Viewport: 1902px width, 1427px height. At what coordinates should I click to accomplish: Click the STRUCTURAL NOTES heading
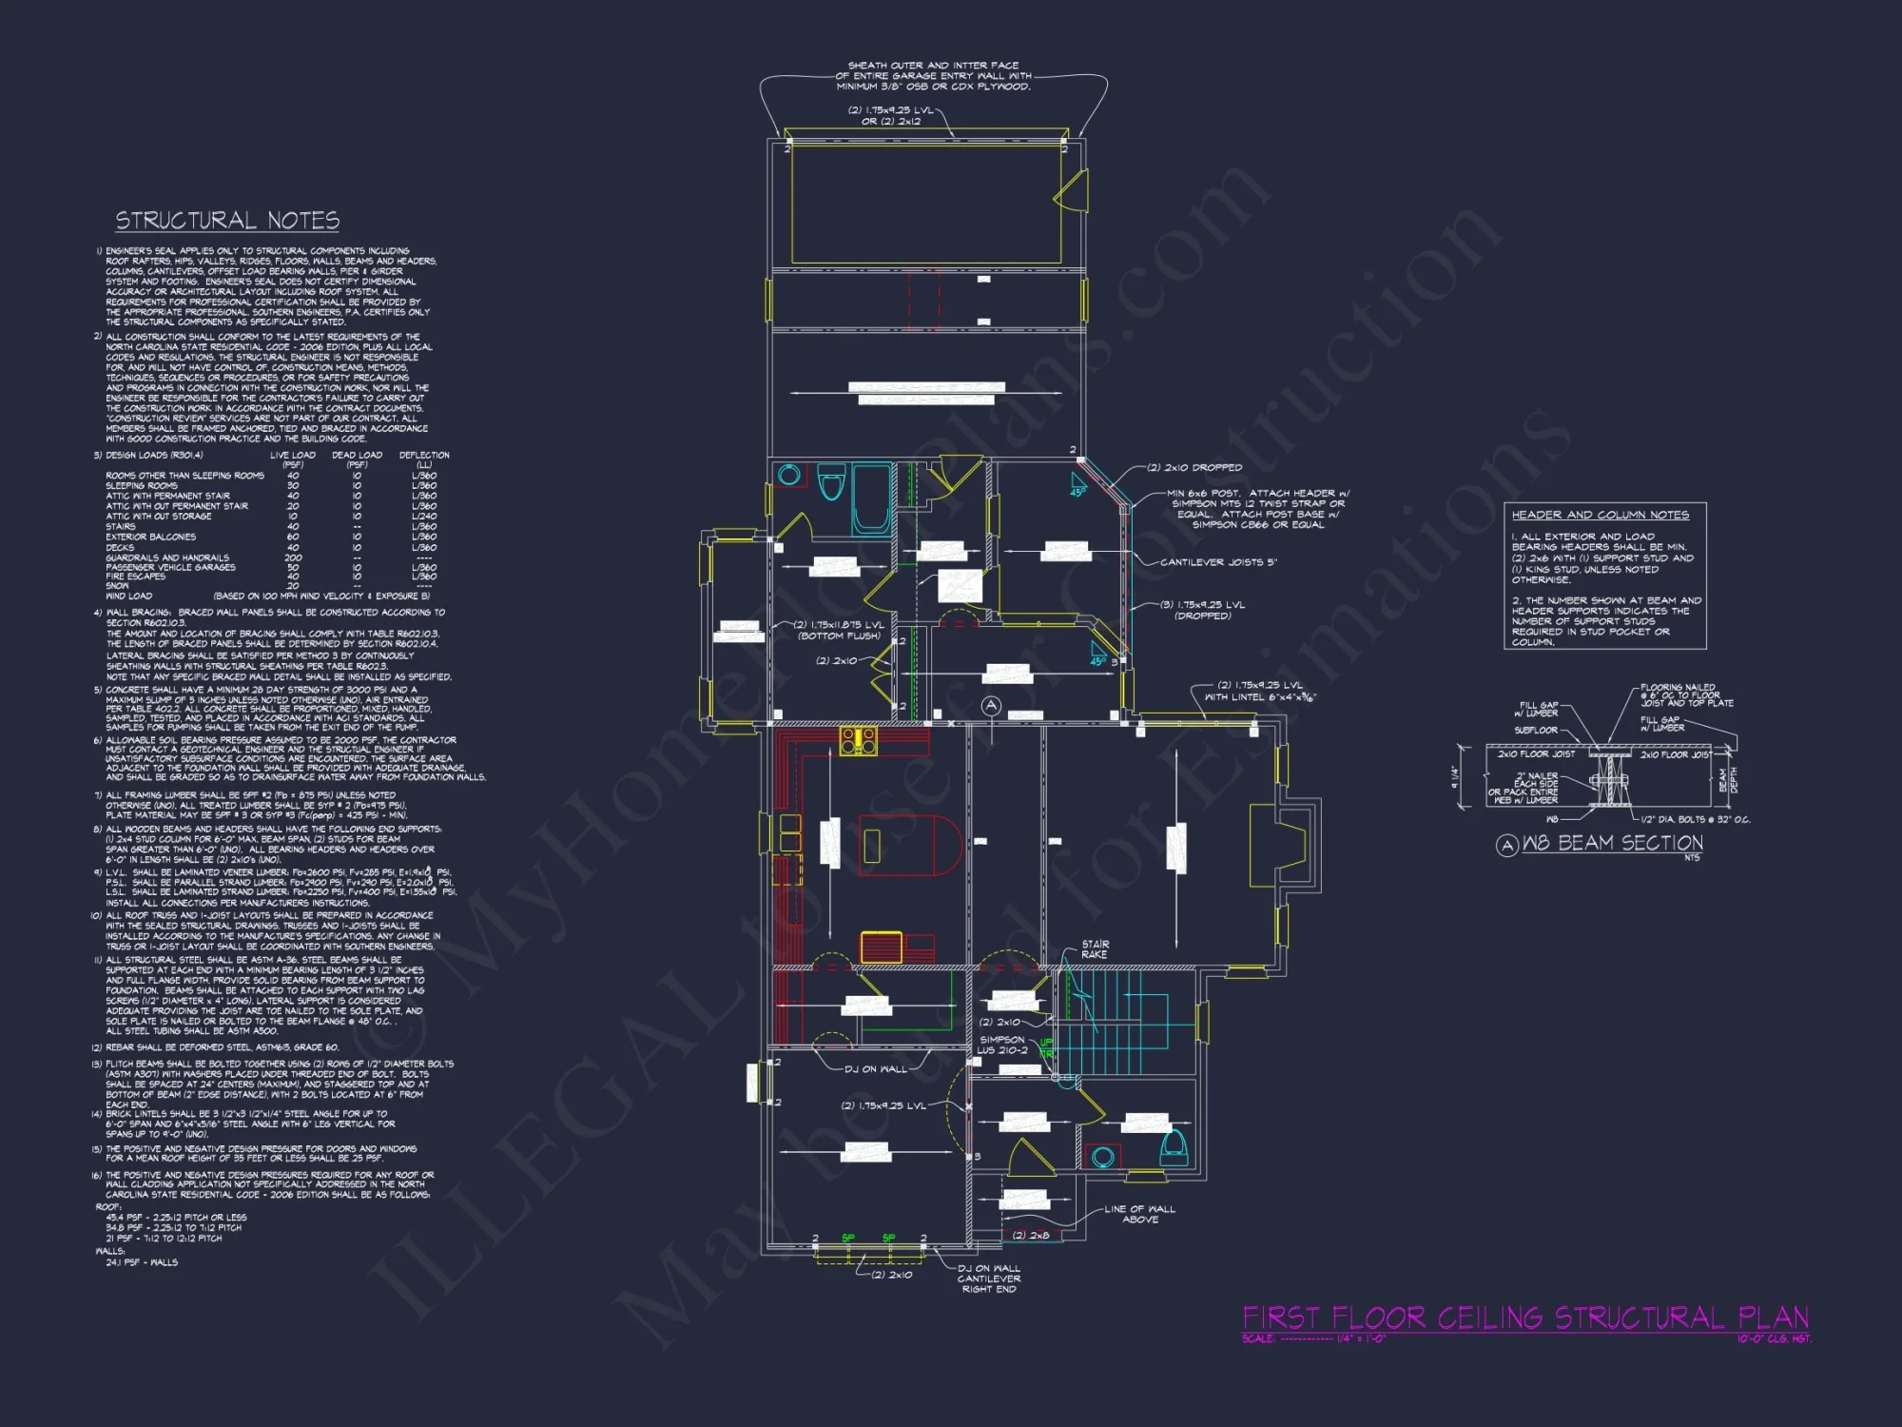227,221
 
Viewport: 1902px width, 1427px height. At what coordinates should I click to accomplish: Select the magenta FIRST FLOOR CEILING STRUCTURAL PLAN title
1524,1318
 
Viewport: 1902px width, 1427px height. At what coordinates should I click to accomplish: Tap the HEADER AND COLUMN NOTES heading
1600,515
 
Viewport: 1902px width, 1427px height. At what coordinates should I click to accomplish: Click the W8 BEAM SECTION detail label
1611,843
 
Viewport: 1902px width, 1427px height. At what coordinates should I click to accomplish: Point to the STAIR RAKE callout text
1095,948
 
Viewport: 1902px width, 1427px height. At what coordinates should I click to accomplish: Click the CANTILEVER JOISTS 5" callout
1217,562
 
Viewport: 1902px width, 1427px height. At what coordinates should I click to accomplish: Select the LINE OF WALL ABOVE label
1139,1214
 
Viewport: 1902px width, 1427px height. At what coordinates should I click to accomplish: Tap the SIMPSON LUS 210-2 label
1002,1045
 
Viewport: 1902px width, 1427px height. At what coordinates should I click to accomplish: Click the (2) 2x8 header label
1031,1235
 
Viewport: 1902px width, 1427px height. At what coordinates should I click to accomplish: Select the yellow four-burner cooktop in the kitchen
857,741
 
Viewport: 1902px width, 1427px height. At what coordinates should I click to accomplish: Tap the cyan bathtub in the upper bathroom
870,499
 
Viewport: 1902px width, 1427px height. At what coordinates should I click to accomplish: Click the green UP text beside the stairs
1046,1043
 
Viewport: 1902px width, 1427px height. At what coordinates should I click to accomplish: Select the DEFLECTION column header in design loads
423,455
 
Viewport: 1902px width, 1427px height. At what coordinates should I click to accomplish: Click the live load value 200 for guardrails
293,557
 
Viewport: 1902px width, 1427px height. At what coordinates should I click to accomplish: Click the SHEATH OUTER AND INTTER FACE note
933,76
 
